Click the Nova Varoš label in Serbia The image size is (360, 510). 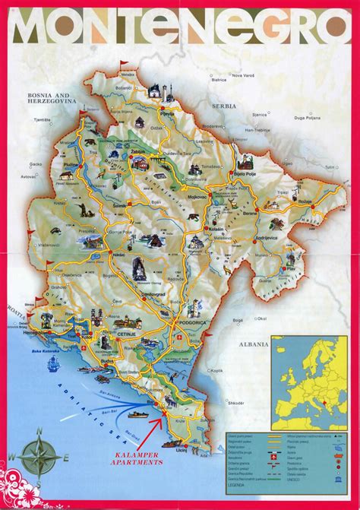click(242, 74)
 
